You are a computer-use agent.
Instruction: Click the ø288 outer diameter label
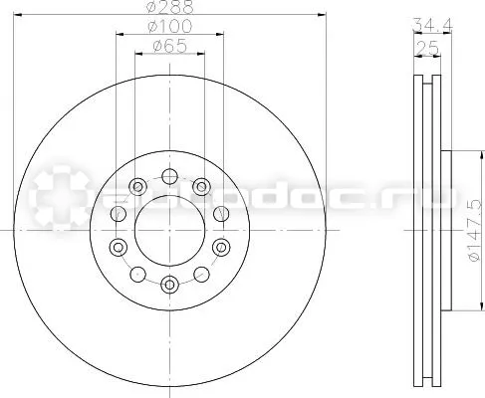[170, 7]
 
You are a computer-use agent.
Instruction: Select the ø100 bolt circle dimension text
[170, 26]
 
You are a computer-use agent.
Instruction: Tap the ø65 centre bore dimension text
[170, 46]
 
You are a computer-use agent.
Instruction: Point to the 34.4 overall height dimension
[432, 25]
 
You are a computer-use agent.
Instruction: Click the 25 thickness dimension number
[428, 49]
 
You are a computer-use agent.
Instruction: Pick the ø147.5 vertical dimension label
[475, 231]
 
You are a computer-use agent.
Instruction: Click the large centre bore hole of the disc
[169, 231]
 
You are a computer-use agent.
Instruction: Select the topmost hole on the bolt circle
[169, 176]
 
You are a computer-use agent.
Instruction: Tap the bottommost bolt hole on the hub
[169, 285]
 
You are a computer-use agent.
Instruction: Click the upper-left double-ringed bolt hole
[137, 186]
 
